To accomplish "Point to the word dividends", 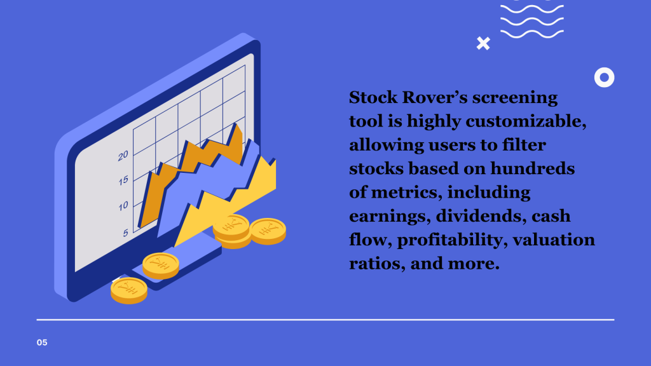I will coord(479,216).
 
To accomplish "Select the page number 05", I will coord(42,342).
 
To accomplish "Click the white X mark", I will coord(483,43).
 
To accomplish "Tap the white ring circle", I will coord(604,78).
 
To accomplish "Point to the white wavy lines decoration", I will coord(531,19).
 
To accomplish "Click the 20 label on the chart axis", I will coord(123,155).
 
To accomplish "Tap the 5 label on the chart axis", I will coord(125,233).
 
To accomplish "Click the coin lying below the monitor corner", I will coord(128,290).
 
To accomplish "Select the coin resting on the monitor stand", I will coord(160,264).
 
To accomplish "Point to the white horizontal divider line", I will coord(325,320).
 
